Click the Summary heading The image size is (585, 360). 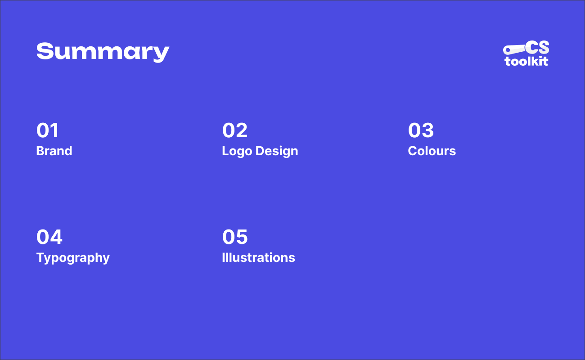point(103,52)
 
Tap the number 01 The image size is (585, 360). point(48,130)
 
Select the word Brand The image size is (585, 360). point(54,151)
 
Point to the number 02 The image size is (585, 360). point(235,130)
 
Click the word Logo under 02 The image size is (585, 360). point(237,151)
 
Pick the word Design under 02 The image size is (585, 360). point(277,151)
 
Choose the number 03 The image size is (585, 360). point(421,130)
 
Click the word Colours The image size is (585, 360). point(432,151)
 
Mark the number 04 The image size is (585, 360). point(49,237)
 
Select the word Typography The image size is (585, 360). point(73,258)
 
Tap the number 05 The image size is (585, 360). point(235,237)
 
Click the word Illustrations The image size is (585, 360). point(258,257)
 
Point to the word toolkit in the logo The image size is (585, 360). point(526,61)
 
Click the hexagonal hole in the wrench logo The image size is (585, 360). point(508,49)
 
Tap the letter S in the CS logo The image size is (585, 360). point(542,48)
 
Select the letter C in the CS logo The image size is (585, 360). point(531,48)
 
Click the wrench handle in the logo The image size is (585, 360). point(517,49)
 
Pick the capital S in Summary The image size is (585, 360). point(44,51)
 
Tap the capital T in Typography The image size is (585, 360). point(40,257)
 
